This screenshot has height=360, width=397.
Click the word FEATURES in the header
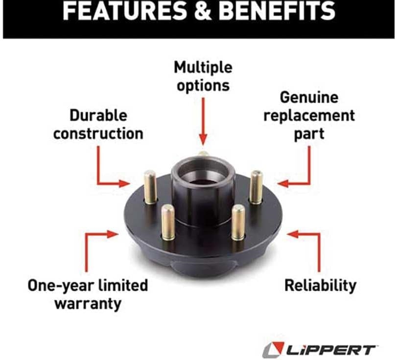click(x=124, y=11)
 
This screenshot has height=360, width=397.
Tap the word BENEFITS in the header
click(x=277, y=11)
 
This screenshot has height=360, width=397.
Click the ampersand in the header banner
click(x=202, y=11)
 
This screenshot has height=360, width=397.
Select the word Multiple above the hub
click(x=203, y=67)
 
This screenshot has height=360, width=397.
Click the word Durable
click(x=98, y=115)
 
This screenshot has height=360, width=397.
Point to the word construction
click(x=98, y=134)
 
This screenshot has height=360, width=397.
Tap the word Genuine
click(x=309, y=98)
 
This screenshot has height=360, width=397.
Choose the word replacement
click(x=309, y=116)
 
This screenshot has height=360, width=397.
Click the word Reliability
click(x=320, y=286)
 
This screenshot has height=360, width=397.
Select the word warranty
click(x=88, y=304)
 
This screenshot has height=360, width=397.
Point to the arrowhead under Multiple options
click(x=203, y=140)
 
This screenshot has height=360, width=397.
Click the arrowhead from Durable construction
click(x=124, y=183)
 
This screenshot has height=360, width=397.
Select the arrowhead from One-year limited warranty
click(x=113, y=234)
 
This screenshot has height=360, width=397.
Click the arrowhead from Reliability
click(x=293, y=234)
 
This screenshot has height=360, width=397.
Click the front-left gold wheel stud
click(x=168, y=222)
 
